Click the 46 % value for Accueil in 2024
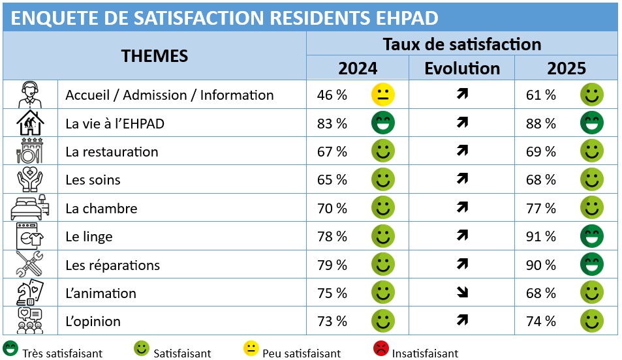tap(332, 95)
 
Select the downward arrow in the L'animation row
tap(463, 293)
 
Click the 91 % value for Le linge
tap(541, 237)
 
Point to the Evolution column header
tap(462, 68)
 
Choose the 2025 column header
tap(567, 68)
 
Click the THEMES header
tap(155, 56)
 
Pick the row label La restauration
tap(112, 152)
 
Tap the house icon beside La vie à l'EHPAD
tap(30, 123)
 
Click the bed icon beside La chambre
tap(30, 208)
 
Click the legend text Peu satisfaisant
tap(302, 353)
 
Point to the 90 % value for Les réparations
tap(541, 265)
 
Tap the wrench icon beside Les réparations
tap(30, 265)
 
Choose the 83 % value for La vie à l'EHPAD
tap(332, 124)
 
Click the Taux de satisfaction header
tap(462, 44)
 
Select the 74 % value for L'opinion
tap(541, 322)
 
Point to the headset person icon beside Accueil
tap(30, 95)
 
